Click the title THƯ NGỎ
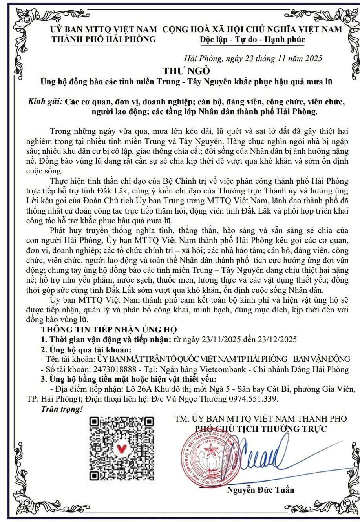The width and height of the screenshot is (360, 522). [x=187, y=71]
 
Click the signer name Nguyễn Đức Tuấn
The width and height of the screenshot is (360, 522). [x=261, y=489]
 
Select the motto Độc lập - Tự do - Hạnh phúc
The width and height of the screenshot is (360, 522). [x=252, y=39]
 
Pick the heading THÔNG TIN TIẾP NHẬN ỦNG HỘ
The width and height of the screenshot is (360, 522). [x=109, y=329]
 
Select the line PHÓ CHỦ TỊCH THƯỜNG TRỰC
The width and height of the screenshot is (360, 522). [x=261, y=429]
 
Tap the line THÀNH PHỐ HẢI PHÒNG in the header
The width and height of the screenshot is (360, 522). [x=104, y=39]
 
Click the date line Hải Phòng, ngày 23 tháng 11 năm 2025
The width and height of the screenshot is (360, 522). [x=253, y=59]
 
